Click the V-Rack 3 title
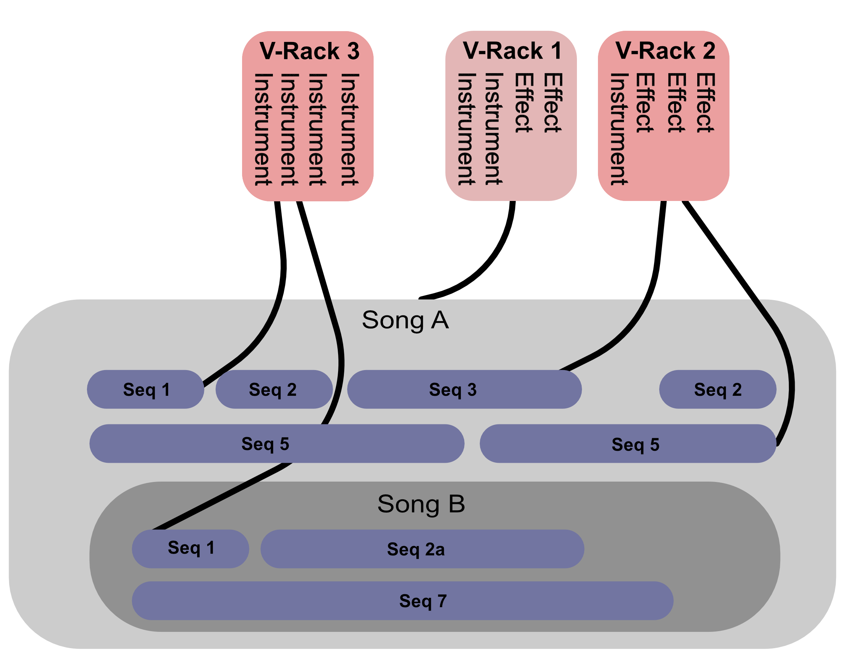[x=309, y=51]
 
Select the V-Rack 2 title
[x=665, y=51]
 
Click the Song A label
[x=405, y=320]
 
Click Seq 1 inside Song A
[x=146, y=390]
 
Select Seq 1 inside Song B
[x=190, y=548]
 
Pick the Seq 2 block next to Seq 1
[x=273, y=390]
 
